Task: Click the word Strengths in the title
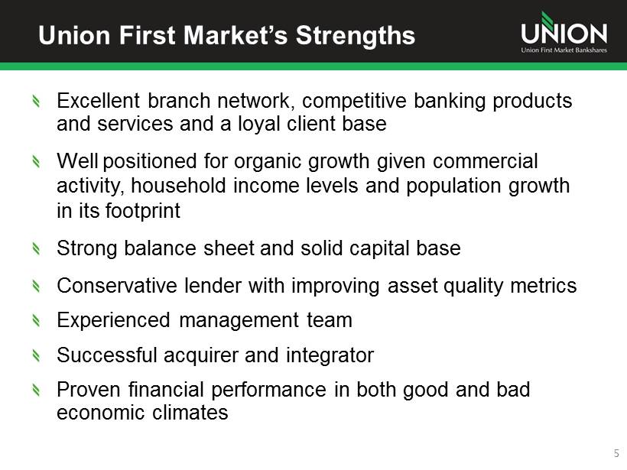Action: pos(355,36)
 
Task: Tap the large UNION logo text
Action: pos(564,32)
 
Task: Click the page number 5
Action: pos(616,454)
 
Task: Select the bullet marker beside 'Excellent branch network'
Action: pos(36,101)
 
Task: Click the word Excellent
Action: pos(98,100)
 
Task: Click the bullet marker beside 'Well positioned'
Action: pos(36,161)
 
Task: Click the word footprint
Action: pos(143,211)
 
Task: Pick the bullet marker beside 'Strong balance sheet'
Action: pos(36,248)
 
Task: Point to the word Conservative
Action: pos(117,286)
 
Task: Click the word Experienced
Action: pos(114,320)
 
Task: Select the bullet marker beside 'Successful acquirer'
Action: pos(36,355)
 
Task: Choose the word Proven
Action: pos(89,390)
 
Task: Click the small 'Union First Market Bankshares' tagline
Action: pos(564,50)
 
